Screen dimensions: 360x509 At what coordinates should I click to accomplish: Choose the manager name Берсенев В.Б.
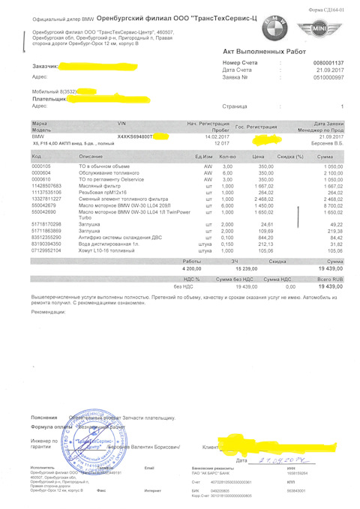pyautogui.click(x=327, y=138)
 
